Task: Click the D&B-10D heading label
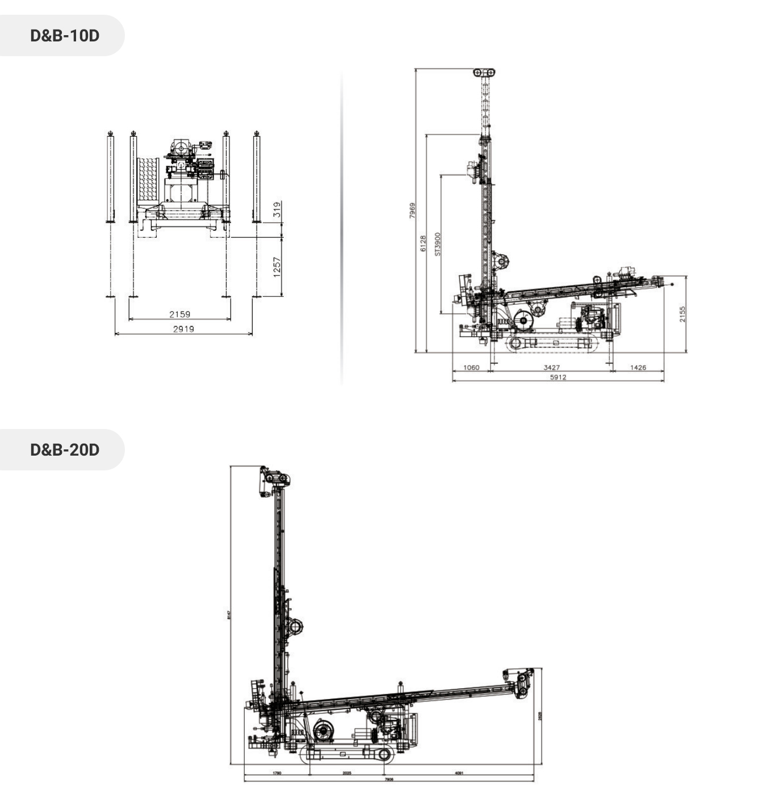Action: coord(64,36)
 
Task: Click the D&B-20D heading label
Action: coord(64,450)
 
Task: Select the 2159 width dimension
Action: coord(179,314)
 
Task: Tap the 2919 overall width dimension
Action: coord(183,329)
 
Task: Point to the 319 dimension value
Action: coord(277,209)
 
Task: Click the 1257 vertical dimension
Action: coord(277,267)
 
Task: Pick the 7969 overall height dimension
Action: coord(413,211)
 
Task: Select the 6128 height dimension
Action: coord(423,243)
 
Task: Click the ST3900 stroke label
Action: coord(438,243)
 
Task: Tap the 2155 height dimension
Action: coord(682,314)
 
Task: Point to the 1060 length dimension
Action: coord(471,368)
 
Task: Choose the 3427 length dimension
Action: coord(551,368)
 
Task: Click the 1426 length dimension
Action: coord(638,368)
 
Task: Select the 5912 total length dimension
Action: coord(557,377)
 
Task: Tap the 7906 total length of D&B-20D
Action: coord(389,779)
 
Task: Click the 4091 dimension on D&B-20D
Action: coord(459,772)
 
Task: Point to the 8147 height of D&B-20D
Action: coord(229,615)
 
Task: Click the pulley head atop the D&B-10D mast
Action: coord(484,73)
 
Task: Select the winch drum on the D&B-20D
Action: coord(323,731)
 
